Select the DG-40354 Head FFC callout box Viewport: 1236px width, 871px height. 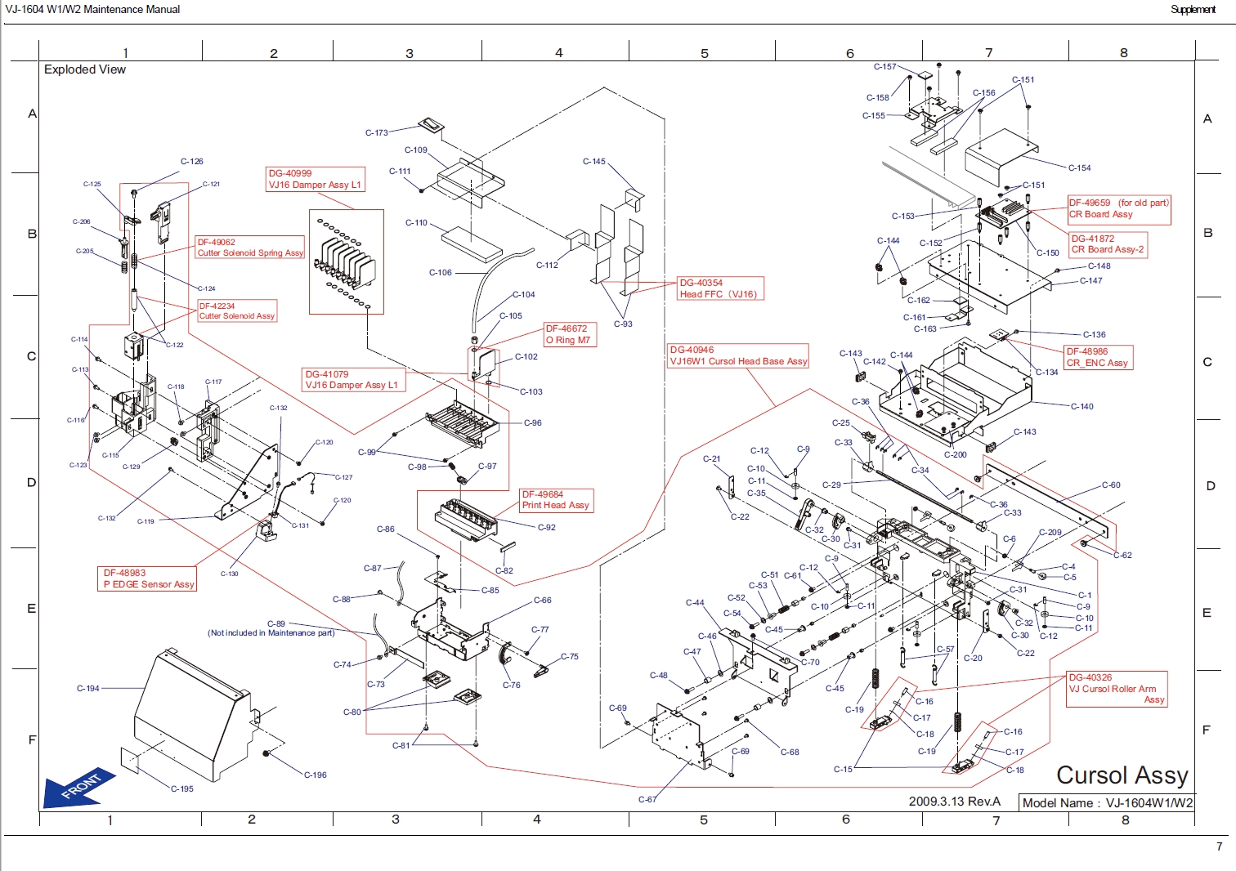pyautogui.click(x=720, y=288)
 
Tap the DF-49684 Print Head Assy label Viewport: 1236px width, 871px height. pyautogui.click(x=556, y=500)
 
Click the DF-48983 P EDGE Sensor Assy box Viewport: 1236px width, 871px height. pyautogui.click(x=148, y=578)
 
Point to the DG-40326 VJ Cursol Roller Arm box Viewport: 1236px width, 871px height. pyautogui.click(x=1117, y=689)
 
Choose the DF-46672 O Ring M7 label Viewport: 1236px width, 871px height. pyautogui.click(x=570, y=334)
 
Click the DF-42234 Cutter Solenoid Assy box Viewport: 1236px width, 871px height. pyautogui.click(x=237, y=311)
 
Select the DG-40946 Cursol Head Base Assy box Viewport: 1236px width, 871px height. pyautogui.click(x=738, y=355)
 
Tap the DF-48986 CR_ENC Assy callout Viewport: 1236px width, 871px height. pyautogui.click(x=1098, y=357)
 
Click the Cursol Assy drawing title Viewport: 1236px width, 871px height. pyautogui.click(x=1122, y=775)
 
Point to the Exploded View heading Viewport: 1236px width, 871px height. pyautogui.click(x=85, y=69)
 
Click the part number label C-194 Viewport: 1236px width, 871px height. pyautogui.click(x=88, y=689)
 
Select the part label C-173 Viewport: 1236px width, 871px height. pyautogui.click(x=377, y=132)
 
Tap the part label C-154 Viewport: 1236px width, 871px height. pyautogui.click(x=1080, y=168)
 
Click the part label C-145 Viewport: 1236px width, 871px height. pyautogui.click(x=594, y=162)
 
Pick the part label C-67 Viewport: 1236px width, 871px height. pyautogui.click(x=647, y=800)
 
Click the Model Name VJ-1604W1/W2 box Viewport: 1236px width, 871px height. pyautogui.click(x=1107, y=803)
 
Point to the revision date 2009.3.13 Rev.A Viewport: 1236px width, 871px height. pyautogui.click(x=954, y=802)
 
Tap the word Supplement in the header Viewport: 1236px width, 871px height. pyautogui.click(x=1193, y=10)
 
